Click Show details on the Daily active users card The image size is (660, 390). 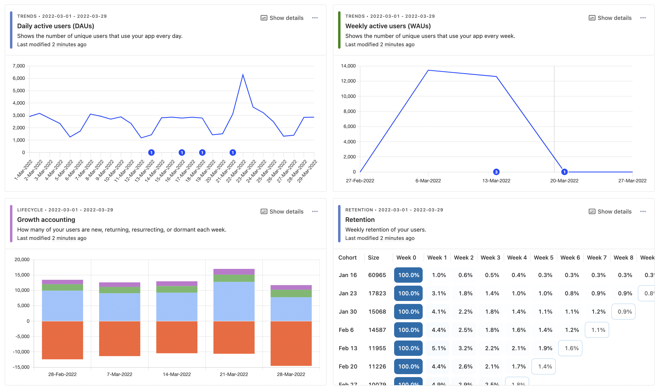(x=282, y=18)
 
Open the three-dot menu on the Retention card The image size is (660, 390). (x=643, y=211)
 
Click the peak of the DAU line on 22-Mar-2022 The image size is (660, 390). (x=243, y=75)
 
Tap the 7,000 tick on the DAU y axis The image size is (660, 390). (x=19, y=66)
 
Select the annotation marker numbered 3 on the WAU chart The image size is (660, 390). (x=496, y=172)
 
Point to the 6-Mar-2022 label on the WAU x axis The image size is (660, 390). (x=428, y=181)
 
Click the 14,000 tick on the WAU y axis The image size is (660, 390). (x=348, y=66)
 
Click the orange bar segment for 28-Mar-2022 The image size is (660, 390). (x=291, y=343)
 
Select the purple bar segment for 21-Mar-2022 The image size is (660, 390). (x=234, y=272)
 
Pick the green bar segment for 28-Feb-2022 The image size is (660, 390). (x=62, y=287)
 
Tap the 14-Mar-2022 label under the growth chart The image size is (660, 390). (x=177, y=374)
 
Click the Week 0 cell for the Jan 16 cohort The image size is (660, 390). (x=408, y=275)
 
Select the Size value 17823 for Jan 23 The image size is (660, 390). (x=377, y=293)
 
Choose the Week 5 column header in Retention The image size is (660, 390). (x=543, y=258)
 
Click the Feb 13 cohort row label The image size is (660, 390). (x=348, y=348)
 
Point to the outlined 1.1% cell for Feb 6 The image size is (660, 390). (x=597, y=330)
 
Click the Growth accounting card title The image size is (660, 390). (x=46, y=220)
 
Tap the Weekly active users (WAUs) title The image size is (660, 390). (x=388, y=26)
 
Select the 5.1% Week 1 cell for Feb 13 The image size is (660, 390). (x=439, y=348)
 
